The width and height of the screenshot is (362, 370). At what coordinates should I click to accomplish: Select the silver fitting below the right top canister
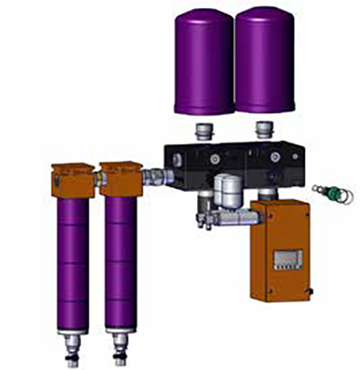click(x=263, y=133)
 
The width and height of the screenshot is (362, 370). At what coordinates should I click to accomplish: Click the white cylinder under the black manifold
click(x=229, y=189)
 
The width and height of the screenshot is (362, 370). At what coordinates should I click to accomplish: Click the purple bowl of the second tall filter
click(x=120, y=261)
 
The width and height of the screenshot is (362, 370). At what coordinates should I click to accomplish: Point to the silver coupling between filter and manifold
click(x=153, y=175)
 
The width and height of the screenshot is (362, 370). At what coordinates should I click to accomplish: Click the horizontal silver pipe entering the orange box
click(x=232, y=216)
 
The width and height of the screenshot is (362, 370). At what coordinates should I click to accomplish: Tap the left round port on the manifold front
click(x=214, y=158)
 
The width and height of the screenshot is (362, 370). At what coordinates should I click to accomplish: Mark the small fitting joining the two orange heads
click(x=97, y=176)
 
